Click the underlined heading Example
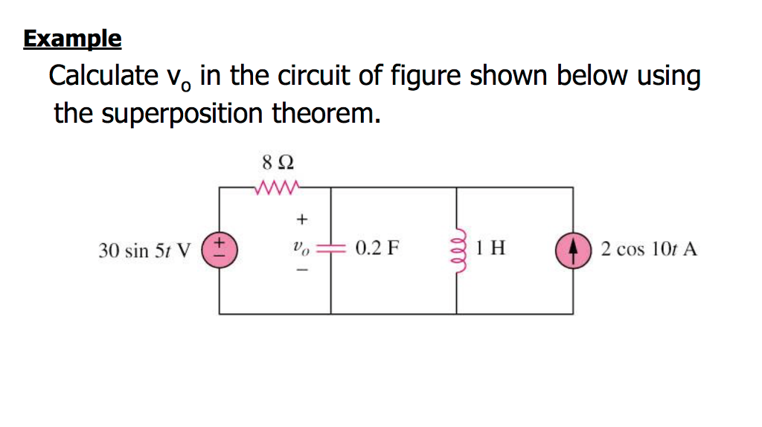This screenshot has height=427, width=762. pos(72,39)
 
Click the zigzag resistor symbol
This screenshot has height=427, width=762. pos(276,186)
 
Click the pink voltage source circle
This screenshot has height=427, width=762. pos(220,248)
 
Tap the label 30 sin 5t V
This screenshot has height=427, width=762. pos(144,250)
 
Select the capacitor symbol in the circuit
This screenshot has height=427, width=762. pos(330,249)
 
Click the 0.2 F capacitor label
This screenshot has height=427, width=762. pos(377,248)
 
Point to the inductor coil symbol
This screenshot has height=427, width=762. pos(455,248)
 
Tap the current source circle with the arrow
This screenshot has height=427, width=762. pos(572,249)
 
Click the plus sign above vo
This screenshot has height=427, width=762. pos(301,219)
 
